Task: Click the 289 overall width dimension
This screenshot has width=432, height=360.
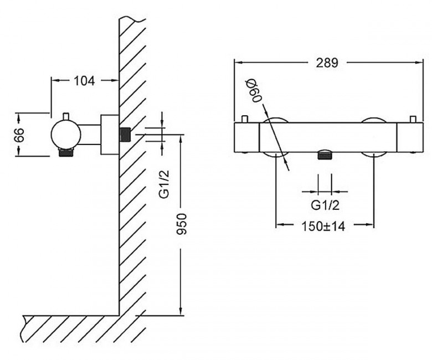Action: [x=327, y=63]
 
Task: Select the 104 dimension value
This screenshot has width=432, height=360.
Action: [x=84, y=81]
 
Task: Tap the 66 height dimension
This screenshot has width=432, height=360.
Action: [x=19, y=135]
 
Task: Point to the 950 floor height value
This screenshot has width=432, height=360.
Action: [x=182, y=223]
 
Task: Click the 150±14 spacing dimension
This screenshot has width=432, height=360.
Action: [x=323, y=227]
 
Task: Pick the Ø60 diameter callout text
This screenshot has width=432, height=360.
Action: [x=254, y=91]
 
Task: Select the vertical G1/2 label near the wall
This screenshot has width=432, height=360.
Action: [x=164, y=184]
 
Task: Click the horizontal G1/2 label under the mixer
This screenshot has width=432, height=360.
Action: [x=325, y=205]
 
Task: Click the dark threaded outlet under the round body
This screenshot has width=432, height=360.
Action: [x=66, y=152]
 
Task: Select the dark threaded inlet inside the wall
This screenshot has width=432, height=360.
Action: [x=125, y=135]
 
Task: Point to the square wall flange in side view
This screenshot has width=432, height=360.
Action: [x=110, y=135]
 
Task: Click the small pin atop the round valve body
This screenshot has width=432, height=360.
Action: [x=66, y=116]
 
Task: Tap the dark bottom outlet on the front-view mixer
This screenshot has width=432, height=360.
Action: [x=325, y=155]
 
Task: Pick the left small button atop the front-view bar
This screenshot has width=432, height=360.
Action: [x=245, y=119]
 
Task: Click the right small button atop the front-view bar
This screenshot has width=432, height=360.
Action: [x=413, y=119]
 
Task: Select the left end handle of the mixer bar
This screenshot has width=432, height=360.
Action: [x=246, y=137]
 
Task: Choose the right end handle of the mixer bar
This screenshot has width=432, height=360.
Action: [x=410, y=137]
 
